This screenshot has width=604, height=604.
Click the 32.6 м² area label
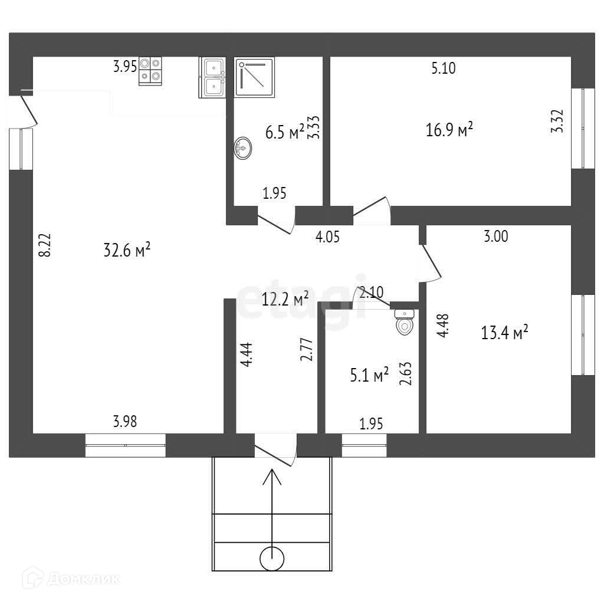click(127, 250)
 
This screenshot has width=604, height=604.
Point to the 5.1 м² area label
click(369, 375)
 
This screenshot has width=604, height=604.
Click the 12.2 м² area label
click(285, 300)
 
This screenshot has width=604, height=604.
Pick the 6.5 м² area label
click(285, 132)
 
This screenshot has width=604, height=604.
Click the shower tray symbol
click(255, 77)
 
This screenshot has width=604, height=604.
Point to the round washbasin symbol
click(242, 147)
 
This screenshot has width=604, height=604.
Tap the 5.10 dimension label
click(444, 68)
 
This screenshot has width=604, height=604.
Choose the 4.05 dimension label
click(328, 237)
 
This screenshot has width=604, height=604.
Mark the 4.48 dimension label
click(443, 324)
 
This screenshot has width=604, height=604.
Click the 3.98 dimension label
click(125, 421)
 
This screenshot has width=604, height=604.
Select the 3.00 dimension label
click(496, 237)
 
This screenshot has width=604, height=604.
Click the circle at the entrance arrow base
click(272, 558)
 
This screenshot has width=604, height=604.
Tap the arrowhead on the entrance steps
click(272, 475)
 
